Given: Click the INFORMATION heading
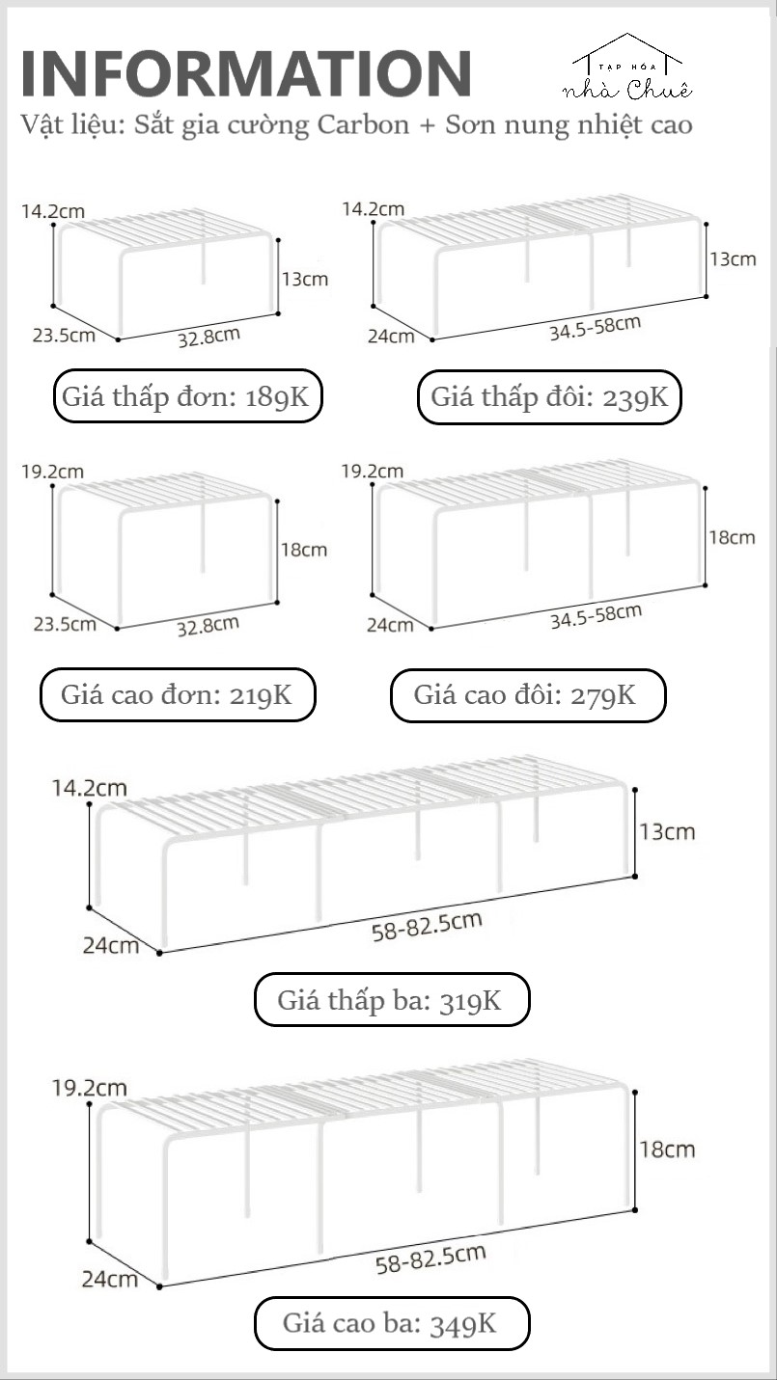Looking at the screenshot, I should [246, 73].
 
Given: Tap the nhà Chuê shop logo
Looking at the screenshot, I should [628, 72].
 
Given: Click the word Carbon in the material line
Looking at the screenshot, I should [370, 125].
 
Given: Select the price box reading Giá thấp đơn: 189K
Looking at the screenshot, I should [187, 396].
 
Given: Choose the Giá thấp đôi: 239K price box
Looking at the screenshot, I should [549, 396].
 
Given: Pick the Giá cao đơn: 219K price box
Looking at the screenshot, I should [178, 694].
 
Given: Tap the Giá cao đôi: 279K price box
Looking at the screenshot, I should [527, 694].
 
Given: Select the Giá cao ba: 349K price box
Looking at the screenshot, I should [391, 1322].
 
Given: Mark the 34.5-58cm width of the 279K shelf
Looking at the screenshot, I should [595, 615].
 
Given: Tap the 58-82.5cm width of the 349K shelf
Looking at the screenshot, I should [430, 1258].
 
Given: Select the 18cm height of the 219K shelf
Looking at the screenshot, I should [304, 550].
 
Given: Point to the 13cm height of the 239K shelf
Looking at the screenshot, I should [734, 259].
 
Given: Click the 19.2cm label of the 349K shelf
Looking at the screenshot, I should [90, 1088].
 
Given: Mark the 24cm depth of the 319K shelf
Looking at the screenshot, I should [110, 945].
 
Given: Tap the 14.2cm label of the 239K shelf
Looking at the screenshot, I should [373, 208].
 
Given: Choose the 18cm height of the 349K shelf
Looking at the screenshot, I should [667, 1150].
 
